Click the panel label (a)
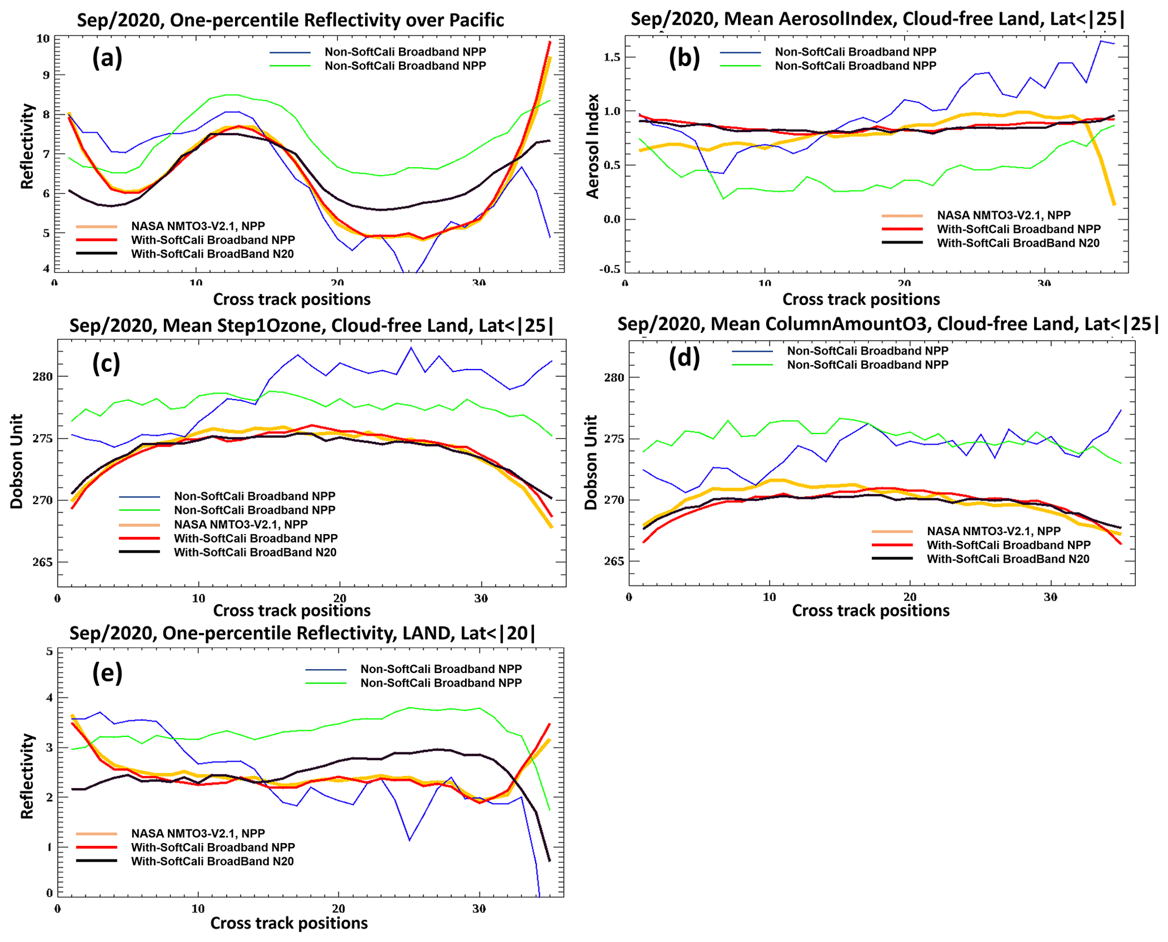coord(107,58)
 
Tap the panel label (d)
coord(684,357)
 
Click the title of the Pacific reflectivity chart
coord(290,20)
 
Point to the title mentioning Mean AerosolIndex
coord(878,19)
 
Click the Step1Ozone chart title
coord(311,326)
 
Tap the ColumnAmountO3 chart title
coord(888,324)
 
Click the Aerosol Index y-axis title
coord(592,146)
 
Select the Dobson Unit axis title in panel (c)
coord(17,461)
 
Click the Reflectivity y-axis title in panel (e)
coord(27,776)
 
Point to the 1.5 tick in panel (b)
coord(611,57)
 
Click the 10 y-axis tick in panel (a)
coord(43,38)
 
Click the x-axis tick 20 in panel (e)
coord(338,909)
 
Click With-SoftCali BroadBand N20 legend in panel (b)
coord(1018,243)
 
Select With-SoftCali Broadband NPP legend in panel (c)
coord(255,538)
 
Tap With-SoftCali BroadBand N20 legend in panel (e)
coord(212,861)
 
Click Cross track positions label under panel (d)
coord(870,610)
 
